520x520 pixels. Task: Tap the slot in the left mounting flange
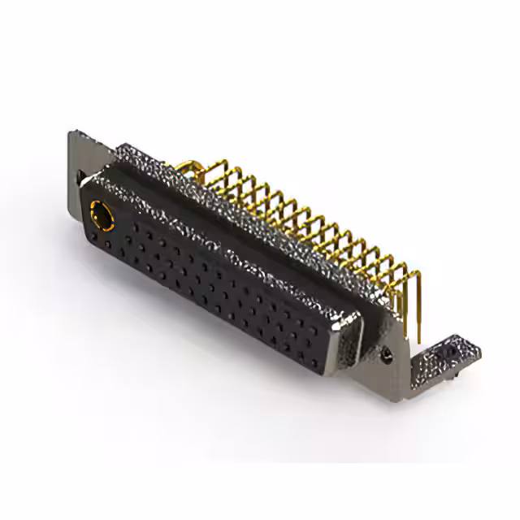[82, 175]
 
